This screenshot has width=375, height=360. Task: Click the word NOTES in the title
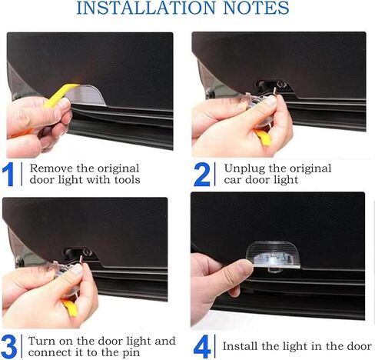click(x=256, y=8)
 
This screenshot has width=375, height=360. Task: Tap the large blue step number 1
click(x=8, y=175)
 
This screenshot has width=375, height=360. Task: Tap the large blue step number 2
click(x=202, y=175)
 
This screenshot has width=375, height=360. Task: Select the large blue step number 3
click(x=9, y=347)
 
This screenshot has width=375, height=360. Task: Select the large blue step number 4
click(x=202, y=347)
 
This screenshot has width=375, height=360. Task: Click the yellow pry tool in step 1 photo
click(x=59, y=95)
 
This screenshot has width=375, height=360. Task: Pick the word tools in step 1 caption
click(x=128, y=179)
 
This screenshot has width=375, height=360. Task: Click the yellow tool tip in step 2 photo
click(x=264, y=137)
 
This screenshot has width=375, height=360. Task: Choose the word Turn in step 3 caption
click(x=41, y=342)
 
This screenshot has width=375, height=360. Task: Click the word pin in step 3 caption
click(x=131, y=353)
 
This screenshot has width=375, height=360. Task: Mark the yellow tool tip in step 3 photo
click(x=71, y=308)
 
